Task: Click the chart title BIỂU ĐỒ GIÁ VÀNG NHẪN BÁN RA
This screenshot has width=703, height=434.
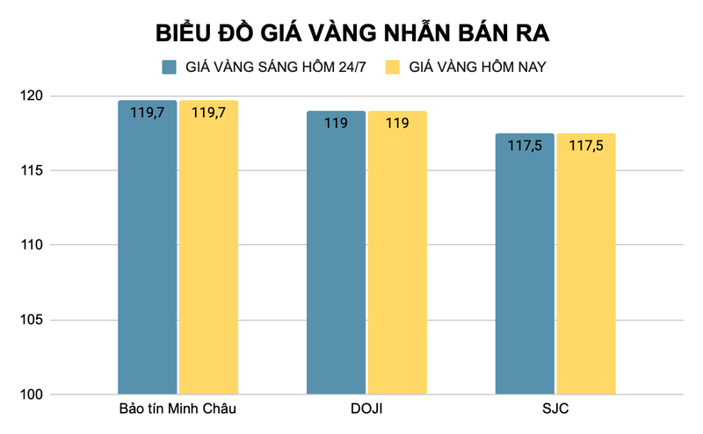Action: coord(352,33)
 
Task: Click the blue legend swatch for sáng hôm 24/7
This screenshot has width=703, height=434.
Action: coord(170,67)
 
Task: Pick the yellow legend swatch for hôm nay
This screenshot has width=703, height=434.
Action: coord(393,67)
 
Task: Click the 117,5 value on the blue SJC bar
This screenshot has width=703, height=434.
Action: coord(525,146)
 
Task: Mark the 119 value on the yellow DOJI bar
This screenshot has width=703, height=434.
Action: coord(397,123)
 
